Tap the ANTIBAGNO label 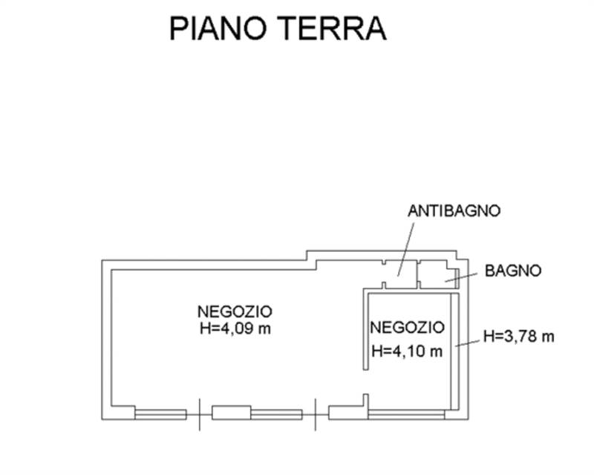[454, 210]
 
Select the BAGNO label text [513, 271]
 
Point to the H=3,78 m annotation [518, 336]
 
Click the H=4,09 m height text [235, 327]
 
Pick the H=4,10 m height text [406, 350]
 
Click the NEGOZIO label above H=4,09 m [235, 311]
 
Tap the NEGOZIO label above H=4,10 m [407, 327]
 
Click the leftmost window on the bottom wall [160, 413]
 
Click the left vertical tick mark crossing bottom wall [199, 413]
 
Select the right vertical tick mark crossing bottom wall [316, 413]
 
